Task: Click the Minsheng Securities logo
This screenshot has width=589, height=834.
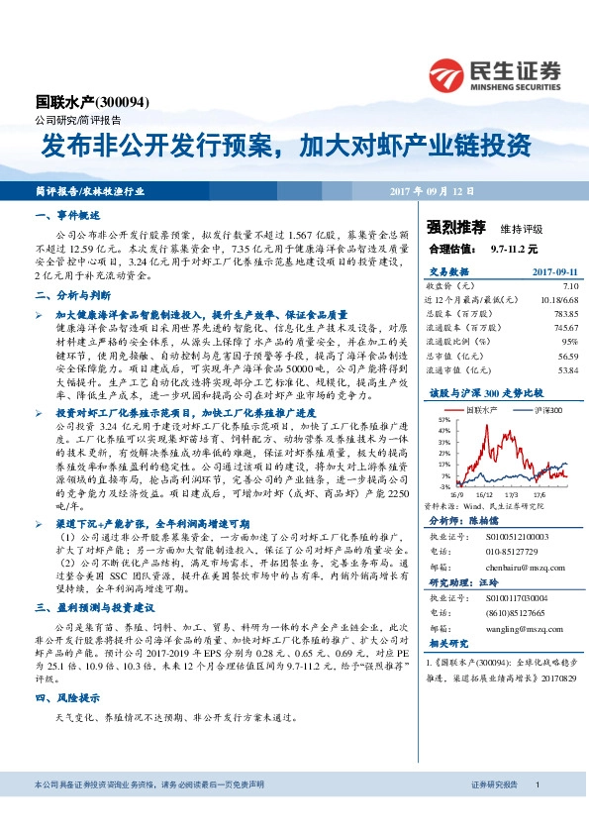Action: tap(495, 74)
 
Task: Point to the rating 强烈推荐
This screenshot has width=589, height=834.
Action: tap(451, 227)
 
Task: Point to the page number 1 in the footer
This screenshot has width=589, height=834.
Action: tap(537, 784)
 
